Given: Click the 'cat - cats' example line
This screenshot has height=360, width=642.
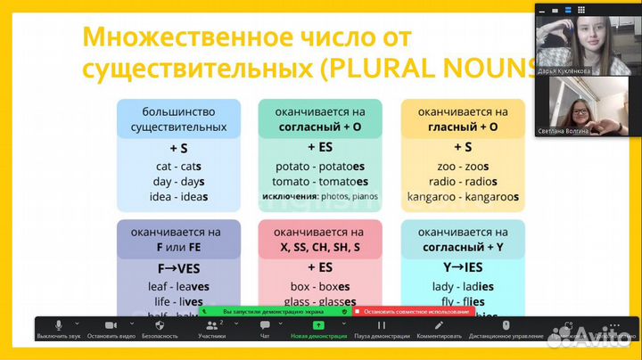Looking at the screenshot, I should pyautogui.click(x=178, y=166).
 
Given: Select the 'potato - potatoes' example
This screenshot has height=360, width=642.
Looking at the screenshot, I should pyautogui.click(x=319, y=167).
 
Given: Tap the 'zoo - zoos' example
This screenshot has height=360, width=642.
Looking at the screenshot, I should pyautogui.click(x=463, y=166).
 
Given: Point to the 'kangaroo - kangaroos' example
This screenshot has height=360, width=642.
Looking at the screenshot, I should pyautogui.click(x=463, y=196).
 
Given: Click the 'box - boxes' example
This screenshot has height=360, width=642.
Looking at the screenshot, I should pyautogui.click(x=319, y=287).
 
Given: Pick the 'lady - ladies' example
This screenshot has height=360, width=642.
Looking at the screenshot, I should pyautogui.click(x=463, y=287).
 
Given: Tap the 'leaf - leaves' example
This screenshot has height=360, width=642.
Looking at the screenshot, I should pyautogui.click(x=178, y=287).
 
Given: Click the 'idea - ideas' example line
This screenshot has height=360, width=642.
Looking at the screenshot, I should pyautogui.click(x=178, y=196).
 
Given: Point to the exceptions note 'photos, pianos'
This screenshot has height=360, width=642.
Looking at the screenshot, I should pyautogui.click(x=350, y=196).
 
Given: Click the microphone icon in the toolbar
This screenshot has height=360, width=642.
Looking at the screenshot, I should pyautogui.click(x=59, y=325).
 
